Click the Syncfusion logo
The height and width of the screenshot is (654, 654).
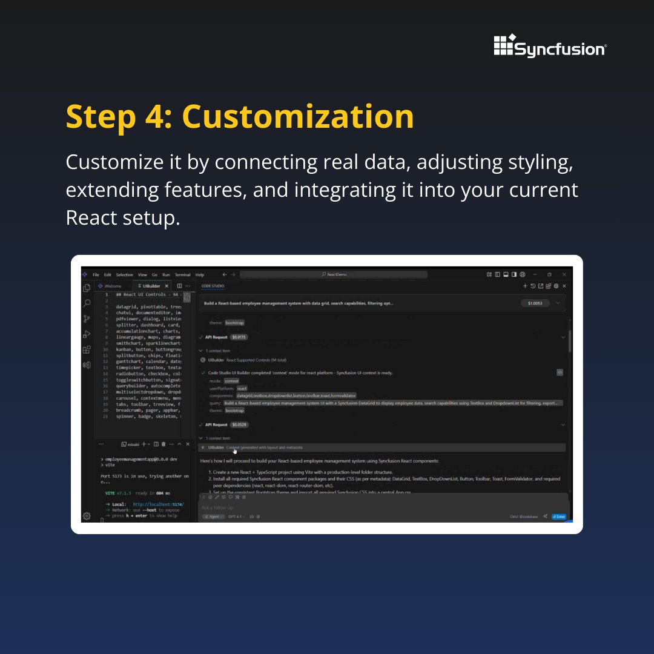click(550, 46)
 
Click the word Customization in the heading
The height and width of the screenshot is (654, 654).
click(298, 116)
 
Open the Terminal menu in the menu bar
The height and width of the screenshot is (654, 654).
click(182, 275)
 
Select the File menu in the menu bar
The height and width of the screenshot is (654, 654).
click(96, 275)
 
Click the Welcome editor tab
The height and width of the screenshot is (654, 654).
click(113, 286)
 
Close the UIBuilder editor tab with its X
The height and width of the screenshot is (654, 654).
click(167, 286)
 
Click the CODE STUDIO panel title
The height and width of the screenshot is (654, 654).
click(213, 286)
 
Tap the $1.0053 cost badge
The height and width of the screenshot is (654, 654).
click(535, 303)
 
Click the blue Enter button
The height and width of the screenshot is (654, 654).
click(558, 517)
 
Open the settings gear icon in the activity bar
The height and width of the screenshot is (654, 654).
click(87, 516)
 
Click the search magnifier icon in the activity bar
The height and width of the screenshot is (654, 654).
click(87, 303)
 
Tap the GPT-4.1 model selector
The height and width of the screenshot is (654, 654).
click(236, 517)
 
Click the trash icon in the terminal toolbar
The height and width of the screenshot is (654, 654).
click(163, 444)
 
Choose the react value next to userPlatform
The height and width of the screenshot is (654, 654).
click(242, 388)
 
